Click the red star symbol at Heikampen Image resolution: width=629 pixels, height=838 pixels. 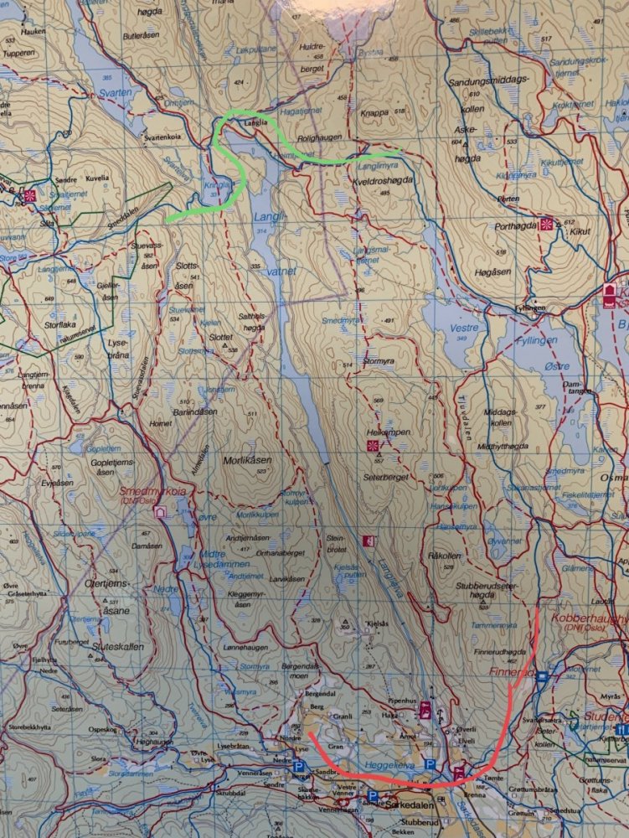[373, 445]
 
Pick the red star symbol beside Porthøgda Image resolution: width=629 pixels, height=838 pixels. [546, 225]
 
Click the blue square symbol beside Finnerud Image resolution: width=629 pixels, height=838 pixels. [542, 675]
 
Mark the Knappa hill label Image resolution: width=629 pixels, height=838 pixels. [374, 111]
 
